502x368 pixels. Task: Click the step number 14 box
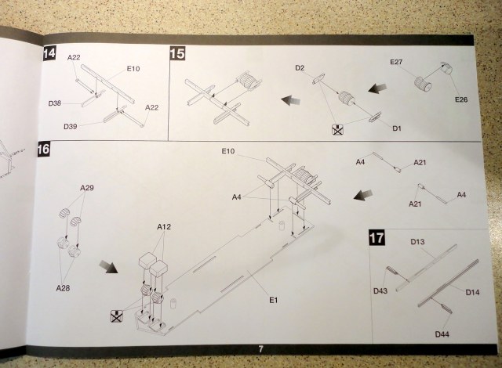[x=49, y=53]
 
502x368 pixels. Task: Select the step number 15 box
[x=177, y=53]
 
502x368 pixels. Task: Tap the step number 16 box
[x=45, y=149]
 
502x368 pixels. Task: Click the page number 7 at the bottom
[x=260, y=348]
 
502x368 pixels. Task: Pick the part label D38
[x=55, y=103]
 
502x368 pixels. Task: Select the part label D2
[x=300, y=69]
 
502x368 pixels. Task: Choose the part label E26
[x=460, y=100]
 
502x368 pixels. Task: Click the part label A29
[x=87, y=189]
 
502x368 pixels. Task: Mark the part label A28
[x=63, y=288]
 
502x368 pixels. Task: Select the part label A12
[x=164, y=226]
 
